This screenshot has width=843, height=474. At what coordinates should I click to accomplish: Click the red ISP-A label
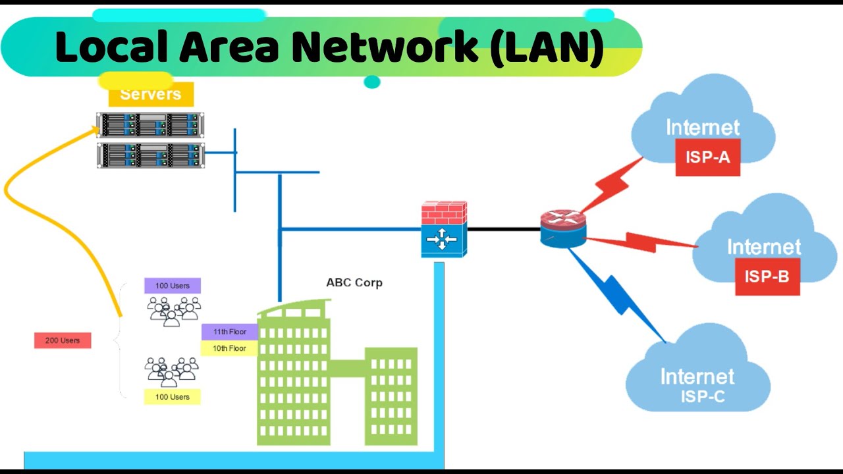[707, 157]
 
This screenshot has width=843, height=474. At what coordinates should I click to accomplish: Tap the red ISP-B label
[767, 276]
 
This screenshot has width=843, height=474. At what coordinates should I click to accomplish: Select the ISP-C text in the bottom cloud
[702, 397]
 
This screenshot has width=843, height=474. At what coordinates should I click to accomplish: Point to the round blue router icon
[563, 228]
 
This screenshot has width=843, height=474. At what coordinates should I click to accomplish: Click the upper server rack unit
[150, 124]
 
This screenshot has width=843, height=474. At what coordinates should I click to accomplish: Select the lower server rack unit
[150, 155]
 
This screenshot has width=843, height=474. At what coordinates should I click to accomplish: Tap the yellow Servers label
[151, 95]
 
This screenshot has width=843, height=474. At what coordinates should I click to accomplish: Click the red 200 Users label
[63, 340]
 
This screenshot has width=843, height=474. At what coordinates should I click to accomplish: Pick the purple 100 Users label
[173, 286]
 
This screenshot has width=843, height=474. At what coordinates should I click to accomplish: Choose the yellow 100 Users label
[173, 397]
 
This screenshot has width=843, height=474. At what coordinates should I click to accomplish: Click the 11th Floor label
[229, 332]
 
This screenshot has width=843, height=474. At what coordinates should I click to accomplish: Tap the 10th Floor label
[229, 348]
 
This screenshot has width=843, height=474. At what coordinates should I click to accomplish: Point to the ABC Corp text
[354, 282]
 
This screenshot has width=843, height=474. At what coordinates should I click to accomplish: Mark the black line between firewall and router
[504, 229]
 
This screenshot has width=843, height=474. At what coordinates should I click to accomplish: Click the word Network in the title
[386, 47]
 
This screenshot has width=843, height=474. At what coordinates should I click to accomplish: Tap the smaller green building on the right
[391, 395]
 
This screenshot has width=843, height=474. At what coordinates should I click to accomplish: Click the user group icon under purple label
[173, 311]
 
